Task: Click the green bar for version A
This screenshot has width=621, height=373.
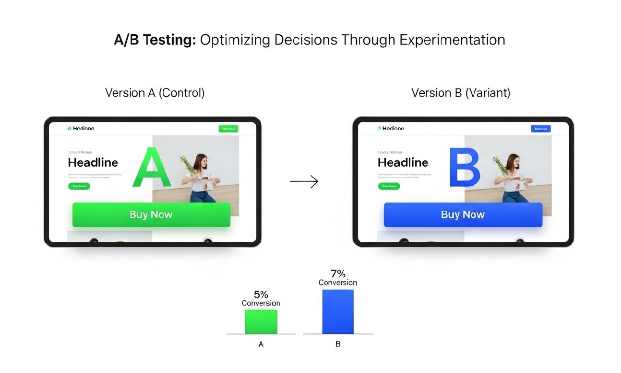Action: tap(261, 322)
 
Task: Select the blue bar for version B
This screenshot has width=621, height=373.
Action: tap(338, 311)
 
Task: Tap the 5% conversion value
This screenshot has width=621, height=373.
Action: tap(261, 294)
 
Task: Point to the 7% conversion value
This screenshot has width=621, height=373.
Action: tap(338, 274)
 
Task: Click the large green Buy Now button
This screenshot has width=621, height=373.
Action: tap(151, 215)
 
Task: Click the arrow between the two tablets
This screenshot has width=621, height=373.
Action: tap(304, 182)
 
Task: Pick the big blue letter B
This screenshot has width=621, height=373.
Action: tap(464, 168)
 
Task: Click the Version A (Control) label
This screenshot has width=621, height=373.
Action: tap(155, 93)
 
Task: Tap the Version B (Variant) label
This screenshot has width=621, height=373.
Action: tap(461, 93)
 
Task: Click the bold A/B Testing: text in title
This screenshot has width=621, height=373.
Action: tap(155, 40)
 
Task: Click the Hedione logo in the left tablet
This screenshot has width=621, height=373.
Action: tap(81, 129)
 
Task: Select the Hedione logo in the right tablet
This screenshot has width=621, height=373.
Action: tap(391, 129)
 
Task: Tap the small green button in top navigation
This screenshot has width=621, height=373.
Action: tap(228, 129)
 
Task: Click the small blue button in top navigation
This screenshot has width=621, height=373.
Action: tap(540, 129)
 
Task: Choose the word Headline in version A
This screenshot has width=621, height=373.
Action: tap(93, 162)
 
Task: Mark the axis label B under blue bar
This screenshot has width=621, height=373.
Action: tap(338, 344)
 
